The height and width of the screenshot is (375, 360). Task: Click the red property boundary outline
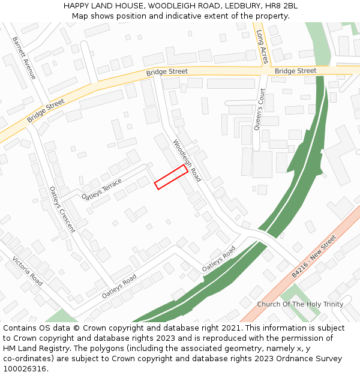[x=170, y=177]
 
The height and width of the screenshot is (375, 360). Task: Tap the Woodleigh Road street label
[x=187, y=161]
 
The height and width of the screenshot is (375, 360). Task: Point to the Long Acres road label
[x=263, y=47]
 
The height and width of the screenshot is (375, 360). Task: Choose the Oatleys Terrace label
[x=102, y=189]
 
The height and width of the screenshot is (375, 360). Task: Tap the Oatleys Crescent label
[x=62, y=209]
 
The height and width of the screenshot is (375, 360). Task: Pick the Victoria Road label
[x=28, y=271]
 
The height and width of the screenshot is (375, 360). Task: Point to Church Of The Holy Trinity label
[x=300, y=304]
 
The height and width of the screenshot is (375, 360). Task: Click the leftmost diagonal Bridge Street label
[x=46, y=111]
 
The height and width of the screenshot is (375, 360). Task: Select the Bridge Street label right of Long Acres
[x=295, y=71]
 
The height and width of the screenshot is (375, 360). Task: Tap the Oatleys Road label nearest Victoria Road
[x=119, y=287]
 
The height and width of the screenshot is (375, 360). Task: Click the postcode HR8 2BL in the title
[x=282, y=6]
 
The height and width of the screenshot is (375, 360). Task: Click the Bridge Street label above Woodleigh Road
[x=167, y=72]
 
